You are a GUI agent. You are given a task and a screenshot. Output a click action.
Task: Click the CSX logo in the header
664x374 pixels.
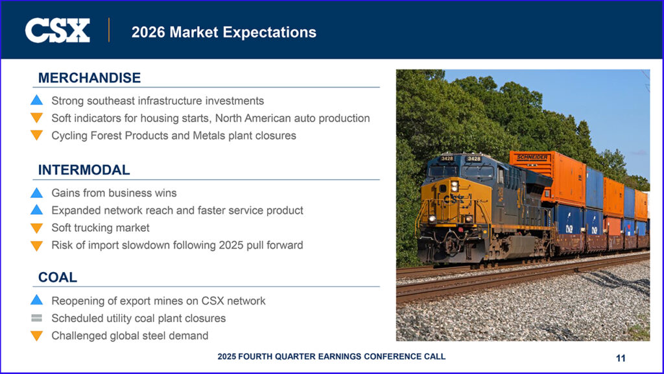click(57, 30)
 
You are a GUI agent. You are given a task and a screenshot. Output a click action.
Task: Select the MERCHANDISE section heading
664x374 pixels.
click(89, 78)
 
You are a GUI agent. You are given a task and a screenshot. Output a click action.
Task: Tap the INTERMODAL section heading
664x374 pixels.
click(84, 170)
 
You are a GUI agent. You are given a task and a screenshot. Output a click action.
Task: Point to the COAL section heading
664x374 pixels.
click(58, 277)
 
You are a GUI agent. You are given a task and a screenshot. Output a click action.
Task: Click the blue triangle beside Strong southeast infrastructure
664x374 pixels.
click(37, 100)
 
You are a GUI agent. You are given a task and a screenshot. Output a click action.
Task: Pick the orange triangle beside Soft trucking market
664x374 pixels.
click(37, 228)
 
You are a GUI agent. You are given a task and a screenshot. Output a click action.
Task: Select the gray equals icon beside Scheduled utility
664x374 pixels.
click(37, 318)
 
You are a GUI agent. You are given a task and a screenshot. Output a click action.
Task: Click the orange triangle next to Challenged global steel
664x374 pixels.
click(37, 336)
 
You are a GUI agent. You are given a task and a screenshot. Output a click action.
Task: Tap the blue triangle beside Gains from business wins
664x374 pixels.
click(37, 193)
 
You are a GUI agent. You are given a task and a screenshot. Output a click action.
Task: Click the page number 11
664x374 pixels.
click(621, 358)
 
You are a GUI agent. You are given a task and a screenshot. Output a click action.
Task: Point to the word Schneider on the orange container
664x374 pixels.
click(532, 157)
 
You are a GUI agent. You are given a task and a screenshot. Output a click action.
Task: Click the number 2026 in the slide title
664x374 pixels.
click(148, 32)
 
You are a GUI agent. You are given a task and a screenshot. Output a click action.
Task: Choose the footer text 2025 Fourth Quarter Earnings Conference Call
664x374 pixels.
click(331, 356)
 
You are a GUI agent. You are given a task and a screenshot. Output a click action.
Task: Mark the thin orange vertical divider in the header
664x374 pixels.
click(109, 30)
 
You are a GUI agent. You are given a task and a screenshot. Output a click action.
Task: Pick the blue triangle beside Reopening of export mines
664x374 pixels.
click(37, 300)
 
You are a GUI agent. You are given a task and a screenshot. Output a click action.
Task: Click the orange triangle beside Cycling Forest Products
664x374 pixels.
click(37, 136)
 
